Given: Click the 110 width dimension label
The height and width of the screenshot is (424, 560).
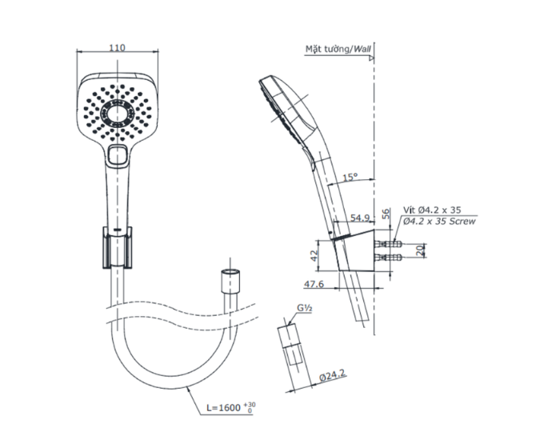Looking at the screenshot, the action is pos(117,47).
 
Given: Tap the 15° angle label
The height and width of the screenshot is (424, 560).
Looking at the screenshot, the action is pos(350,177).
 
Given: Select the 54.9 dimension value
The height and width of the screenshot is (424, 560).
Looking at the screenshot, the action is pos(360,218).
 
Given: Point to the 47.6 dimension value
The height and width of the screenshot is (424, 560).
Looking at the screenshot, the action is pos(314,284).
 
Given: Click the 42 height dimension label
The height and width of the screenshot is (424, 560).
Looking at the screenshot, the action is pos(314,255).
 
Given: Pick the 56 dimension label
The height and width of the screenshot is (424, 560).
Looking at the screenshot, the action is pos(386,214).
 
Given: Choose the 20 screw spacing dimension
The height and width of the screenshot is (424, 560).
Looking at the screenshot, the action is pos(421,250).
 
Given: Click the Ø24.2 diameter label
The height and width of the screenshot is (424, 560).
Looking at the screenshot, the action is pos(333,376).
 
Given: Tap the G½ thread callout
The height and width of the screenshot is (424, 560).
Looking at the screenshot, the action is pos(305,308).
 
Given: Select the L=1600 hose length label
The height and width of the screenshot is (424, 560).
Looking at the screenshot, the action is pos(231,407).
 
